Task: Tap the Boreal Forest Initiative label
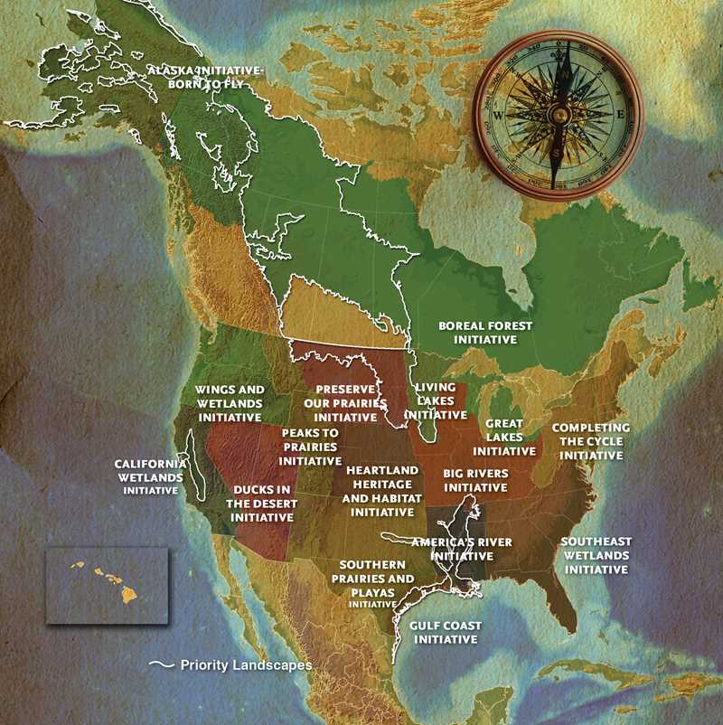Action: click(x=485, y=332)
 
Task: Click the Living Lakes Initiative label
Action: click(x=435, y=400)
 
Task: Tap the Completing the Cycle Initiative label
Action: click(x=591, y=441)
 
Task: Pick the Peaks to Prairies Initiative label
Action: click(x=310, y=447)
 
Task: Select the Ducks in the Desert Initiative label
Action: click(x=262, y=504)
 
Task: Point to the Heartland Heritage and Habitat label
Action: click(x=382, y=491)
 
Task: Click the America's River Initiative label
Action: click(x=462, y=549)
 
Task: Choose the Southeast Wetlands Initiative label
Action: click(x=596, y=555)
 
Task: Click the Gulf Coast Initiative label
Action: click(x=445, y=632)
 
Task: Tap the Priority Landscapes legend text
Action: click(x=246, y=664)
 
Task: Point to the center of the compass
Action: click(x=559, y=116)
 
